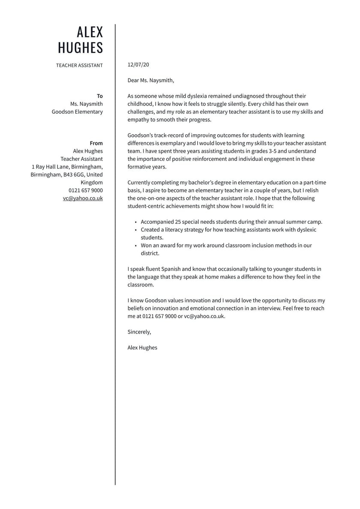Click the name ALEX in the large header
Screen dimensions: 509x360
90,32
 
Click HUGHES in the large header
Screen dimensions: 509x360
81,48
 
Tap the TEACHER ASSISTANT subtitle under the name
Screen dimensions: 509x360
79,66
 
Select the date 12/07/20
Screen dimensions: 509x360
138,65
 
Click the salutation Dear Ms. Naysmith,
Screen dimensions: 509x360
151,80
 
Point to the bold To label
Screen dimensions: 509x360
100,96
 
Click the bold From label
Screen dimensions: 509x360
96,143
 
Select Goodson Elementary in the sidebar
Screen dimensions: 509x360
77,112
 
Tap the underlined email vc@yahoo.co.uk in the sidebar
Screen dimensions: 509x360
83,199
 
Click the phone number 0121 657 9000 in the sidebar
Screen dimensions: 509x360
86,190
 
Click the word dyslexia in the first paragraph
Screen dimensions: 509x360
195,96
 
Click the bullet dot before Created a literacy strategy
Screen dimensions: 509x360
135,230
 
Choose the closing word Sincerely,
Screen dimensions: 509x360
139,332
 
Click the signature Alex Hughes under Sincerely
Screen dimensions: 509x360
142,348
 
